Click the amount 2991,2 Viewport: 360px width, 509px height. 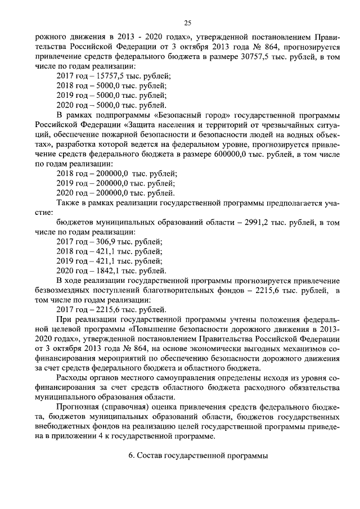262,223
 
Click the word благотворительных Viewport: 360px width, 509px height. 195,290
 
